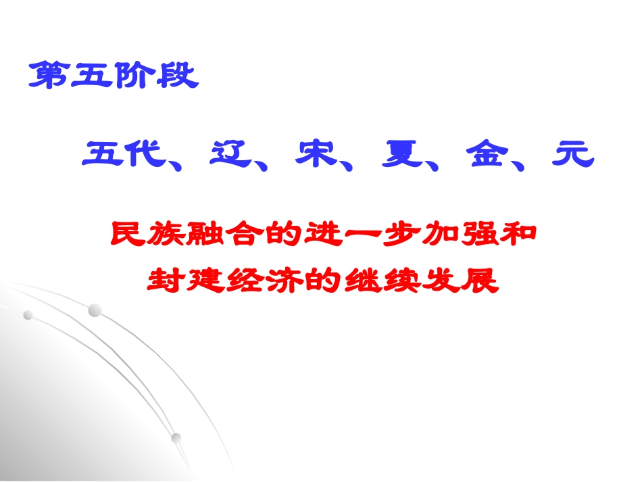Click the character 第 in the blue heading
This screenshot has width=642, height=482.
(x=49, y=76)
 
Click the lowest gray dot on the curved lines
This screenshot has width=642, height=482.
(x=176, y=437)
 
